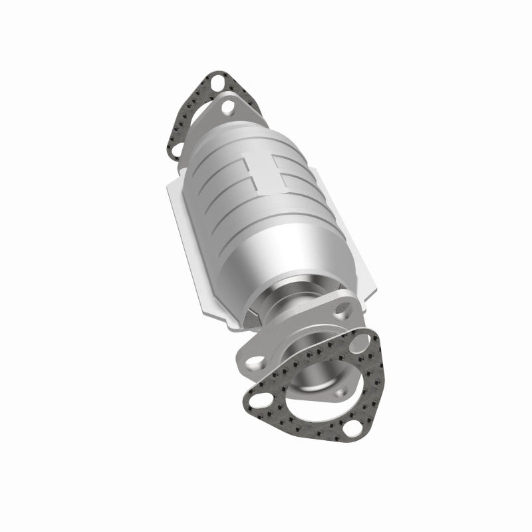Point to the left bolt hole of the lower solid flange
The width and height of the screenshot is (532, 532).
(254, 362)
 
